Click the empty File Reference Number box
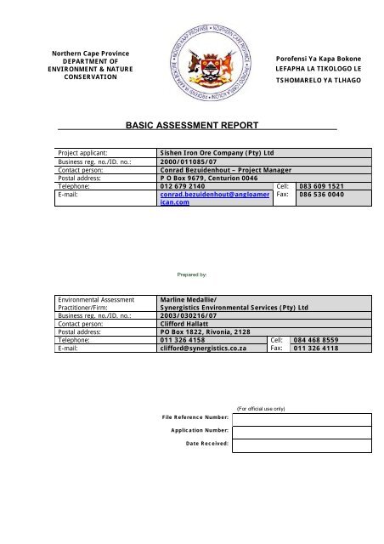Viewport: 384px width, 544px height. [302, 418]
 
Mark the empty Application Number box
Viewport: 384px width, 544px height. [302, 431]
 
